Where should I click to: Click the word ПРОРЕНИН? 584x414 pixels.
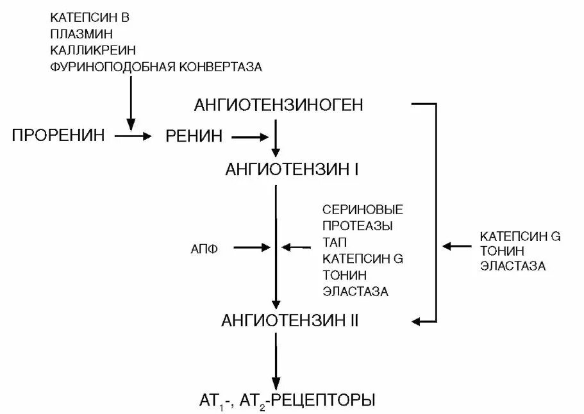[x=58, y=136]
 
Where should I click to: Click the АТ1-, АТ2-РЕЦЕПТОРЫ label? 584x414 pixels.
[x=287, y=400]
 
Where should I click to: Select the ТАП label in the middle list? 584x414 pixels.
[x=335, y=243]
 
